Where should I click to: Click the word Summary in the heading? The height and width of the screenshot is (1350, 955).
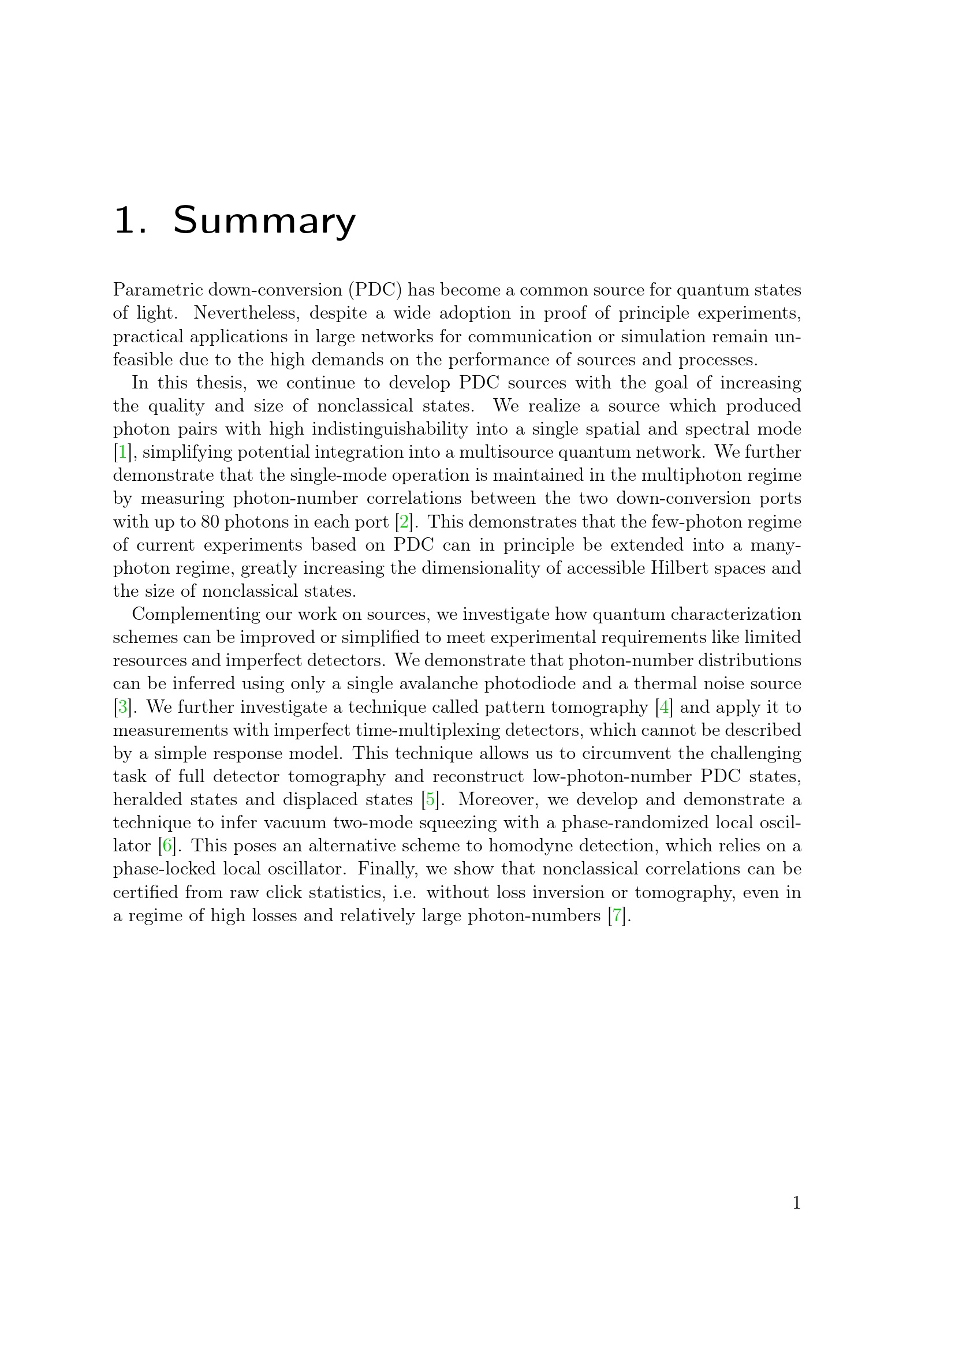coord(264,221)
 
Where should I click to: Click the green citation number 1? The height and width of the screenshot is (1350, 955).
coord(122,452)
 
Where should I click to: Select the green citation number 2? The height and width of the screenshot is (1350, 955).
coord(404,522)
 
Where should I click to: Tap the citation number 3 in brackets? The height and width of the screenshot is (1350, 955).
coord(122,707)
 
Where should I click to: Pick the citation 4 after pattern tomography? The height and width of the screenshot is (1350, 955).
coord(664,707)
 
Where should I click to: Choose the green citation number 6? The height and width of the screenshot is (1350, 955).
coord(167,846)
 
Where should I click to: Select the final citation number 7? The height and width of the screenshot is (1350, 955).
coord(617,915)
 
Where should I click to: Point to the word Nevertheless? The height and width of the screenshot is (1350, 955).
coord(247,313)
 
